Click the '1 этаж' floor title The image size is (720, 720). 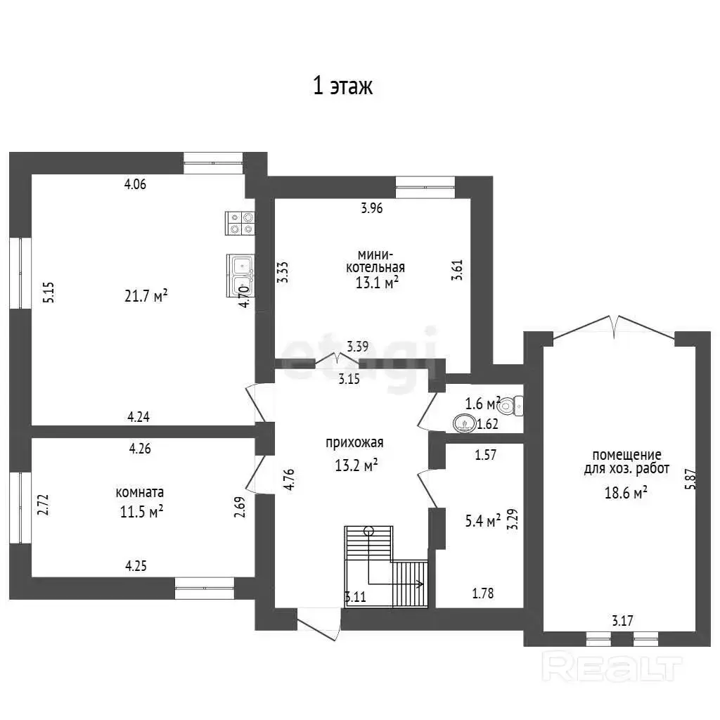click(342, 86)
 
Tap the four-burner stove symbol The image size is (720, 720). click(240, 223)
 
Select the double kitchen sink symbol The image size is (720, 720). click(240, 276)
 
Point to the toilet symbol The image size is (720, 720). click(510, 406)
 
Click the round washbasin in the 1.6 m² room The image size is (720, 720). click(464, 423)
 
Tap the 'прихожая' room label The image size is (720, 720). click(354, 443)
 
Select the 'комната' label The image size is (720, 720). click(140, 492)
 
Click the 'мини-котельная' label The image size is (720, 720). click(375, 261)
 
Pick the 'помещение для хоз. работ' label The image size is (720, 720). click(626, 462)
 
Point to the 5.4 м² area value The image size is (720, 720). click(483, 521)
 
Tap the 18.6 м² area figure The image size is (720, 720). click(626, 493)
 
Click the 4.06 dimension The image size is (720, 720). click(135, 184)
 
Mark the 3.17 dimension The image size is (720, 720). click(622, 621)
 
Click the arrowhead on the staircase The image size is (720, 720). click(420, 584)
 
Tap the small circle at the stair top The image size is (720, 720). click(368, 532)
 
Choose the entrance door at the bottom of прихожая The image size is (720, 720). click(319, 624)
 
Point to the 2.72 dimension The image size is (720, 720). click(43, 504)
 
